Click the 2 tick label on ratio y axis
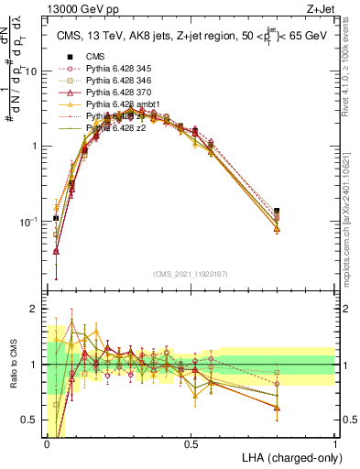click(x=35, y=309)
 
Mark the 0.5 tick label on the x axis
click(x=191, y=443)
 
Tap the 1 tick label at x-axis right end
click(x=335, y=443)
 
